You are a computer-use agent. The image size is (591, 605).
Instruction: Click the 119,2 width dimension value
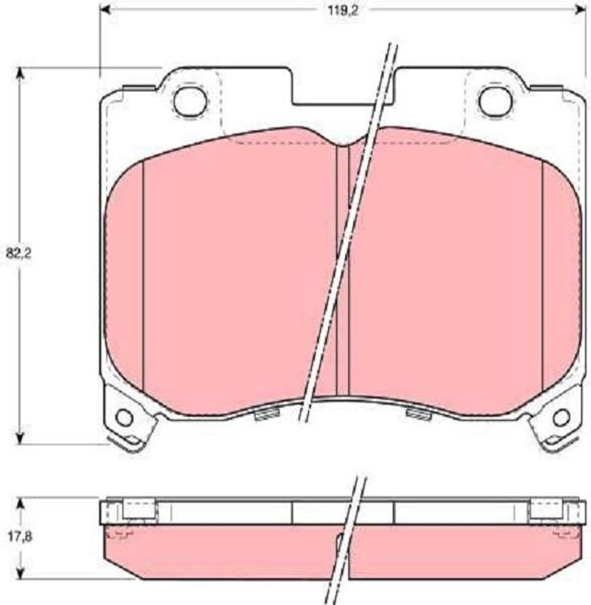pos(343,11)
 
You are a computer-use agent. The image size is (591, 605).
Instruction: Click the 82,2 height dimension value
pos(19,253)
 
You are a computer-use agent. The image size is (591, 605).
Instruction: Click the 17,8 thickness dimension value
pos(20,536)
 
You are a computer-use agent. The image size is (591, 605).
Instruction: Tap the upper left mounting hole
pos(190,100)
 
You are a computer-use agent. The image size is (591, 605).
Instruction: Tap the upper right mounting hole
pos(495,100)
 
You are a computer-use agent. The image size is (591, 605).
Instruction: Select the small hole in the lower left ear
pos(125,418)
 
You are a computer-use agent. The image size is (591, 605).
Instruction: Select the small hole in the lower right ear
pos(561,418)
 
